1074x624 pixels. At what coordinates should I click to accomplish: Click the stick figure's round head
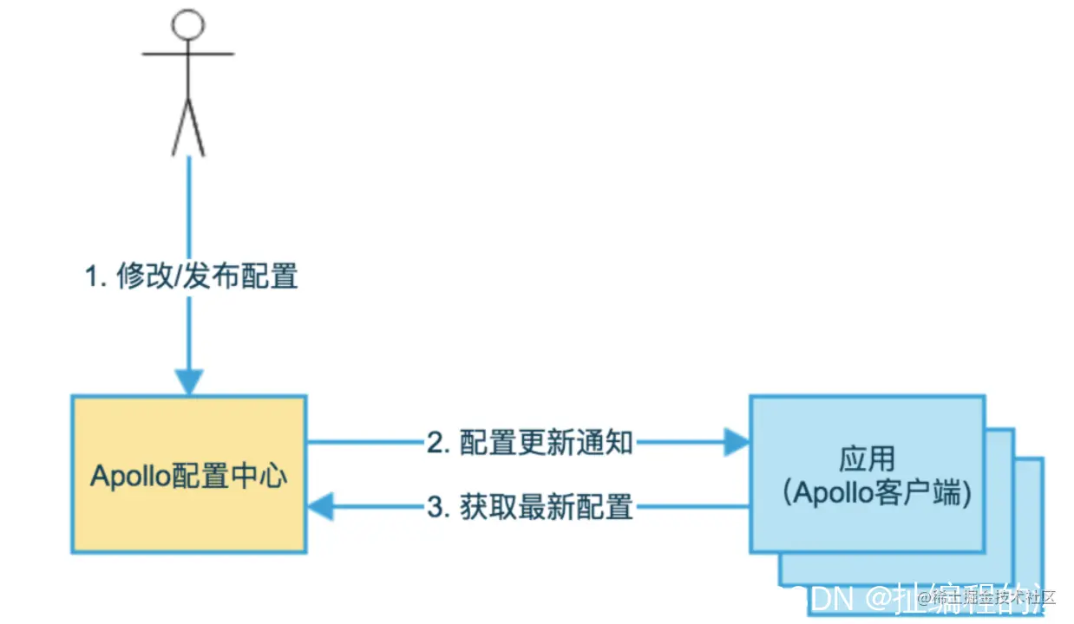click(188, 25)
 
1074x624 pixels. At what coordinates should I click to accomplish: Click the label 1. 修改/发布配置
click(191, 276)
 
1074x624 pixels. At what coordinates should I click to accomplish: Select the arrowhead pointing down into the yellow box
click(189, 381)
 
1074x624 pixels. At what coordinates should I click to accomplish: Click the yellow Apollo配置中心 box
click(188, 520)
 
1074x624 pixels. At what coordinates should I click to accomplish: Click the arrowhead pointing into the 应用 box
click(737, 443)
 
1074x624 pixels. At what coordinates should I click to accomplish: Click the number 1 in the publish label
click(90, 277)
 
